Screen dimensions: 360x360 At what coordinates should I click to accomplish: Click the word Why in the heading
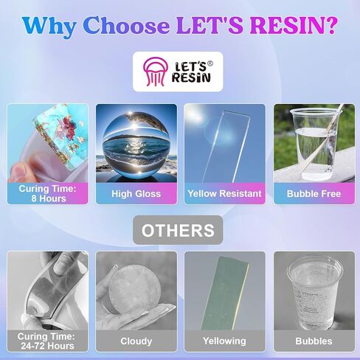[x=49, y=26]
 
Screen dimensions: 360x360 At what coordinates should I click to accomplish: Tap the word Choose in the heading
[x=126, y=25]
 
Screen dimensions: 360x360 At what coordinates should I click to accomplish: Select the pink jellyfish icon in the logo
[x=155, y=72]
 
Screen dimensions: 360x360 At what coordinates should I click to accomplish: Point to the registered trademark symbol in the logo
[x=210, y=63]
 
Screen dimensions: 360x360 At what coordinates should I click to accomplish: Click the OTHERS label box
[x=178, y=230]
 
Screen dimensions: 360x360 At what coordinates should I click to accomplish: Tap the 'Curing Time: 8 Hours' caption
[x=48, y=193]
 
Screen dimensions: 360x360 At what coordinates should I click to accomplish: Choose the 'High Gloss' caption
[x=136, y=194]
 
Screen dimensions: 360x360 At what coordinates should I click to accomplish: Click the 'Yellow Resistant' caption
[x=224, y=193]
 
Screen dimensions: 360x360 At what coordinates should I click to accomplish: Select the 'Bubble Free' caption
[x=314, y=194]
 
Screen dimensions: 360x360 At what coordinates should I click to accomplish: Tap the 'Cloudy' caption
[x=136, y=342]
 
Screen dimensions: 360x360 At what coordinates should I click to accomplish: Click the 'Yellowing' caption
[x=224, y=341]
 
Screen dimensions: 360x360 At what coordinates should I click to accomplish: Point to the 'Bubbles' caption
[x=314, y=342]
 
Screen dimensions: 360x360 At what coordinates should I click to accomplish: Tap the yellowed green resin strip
[x=225, y=293]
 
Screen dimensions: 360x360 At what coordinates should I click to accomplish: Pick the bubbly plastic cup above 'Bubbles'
[x=315, y=292]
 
